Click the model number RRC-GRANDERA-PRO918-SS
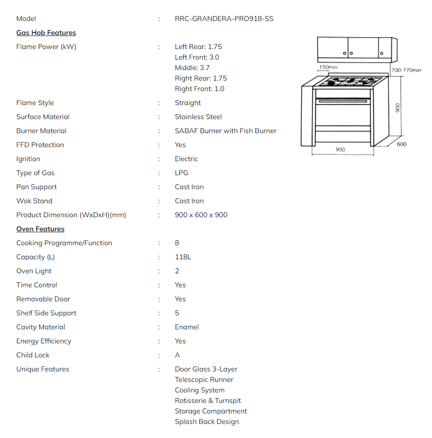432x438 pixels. (x=224, y=19)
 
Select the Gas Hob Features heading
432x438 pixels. (x=46, y=33)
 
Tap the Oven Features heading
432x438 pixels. (x=40, y=229)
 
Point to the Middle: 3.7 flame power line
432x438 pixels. (x=192, y=68)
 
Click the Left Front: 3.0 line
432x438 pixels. (x=197, y=58)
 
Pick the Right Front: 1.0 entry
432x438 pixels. (x=199, y=89)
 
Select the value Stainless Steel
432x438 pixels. (x=198, y=117)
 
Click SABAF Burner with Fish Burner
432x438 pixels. (x=225, y=131)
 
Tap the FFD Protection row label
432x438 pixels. (x=40, y=145)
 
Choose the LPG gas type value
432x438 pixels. (x=181, y=173)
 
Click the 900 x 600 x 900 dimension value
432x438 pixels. (x=201, y=215)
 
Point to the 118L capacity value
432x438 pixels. (x=183, y=257)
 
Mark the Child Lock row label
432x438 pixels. (x=33, y=355)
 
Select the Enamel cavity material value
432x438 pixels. (x=187, y=327)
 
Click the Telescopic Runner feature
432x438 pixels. (x=204, y=380)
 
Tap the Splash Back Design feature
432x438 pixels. (x=207, y=422)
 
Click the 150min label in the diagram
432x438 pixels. (x=328, y=67)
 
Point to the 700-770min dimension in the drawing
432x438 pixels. (x=406, y=71)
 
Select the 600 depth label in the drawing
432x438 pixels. (x=401, y=144)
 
